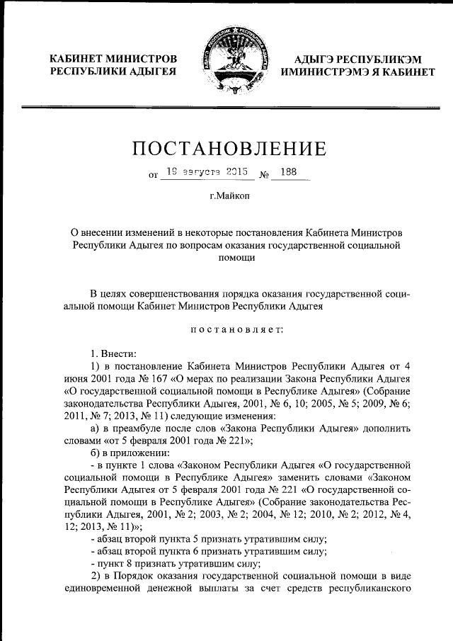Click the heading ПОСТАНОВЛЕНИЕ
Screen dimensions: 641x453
[229, 148]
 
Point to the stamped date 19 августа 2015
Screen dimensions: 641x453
[202, 171]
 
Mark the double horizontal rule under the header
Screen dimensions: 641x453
[226, 107]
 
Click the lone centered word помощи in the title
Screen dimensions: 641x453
[230, 259]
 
